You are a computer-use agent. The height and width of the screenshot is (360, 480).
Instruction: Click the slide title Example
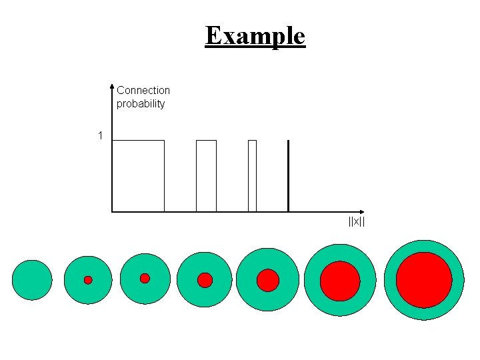pos(255,35)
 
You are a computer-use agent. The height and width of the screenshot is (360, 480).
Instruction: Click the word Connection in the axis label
pos(143,90)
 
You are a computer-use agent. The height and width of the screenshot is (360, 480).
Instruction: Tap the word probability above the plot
pos(141,104)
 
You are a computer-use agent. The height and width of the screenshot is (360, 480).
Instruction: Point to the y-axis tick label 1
pos(100,136)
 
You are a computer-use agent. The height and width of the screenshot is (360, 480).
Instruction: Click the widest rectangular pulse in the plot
pos(138,175)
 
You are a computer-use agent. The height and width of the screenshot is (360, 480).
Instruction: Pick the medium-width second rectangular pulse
pos(206,175)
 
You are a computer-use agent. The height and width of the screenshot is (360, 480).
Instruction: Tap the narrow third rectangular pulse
pos(252,175)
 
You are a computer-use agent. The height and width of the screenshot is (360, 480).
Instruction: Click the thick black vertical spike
pos(288,175)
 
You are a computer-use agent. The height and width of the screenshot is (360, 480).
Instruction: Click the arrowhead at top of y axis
pos(112,87)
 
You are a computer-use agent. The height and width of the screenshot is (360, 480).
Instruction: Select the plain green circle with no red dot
pos(32,280)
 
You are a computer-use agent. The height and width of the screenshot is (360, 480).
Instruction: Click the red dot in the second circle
pos(88,280)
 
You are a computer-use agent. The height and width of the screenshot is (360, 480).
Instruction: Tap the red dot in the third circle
pos(145,278)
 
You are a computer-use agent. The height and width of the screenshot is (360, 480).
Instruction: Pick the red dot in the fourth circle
pos(205,280)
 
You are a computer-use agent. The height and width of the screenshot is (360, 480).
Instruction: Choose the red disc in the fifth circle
pos(268,280)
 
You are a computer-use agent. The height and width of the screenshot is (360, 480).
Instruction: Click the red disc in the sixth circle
pos(340,281)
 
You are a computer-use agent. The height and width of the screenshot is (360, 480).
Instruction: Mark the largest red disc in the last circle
pos(424,280)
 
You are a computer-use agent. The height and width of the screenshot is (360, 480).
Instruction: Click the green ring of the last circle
pos(424,246)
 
